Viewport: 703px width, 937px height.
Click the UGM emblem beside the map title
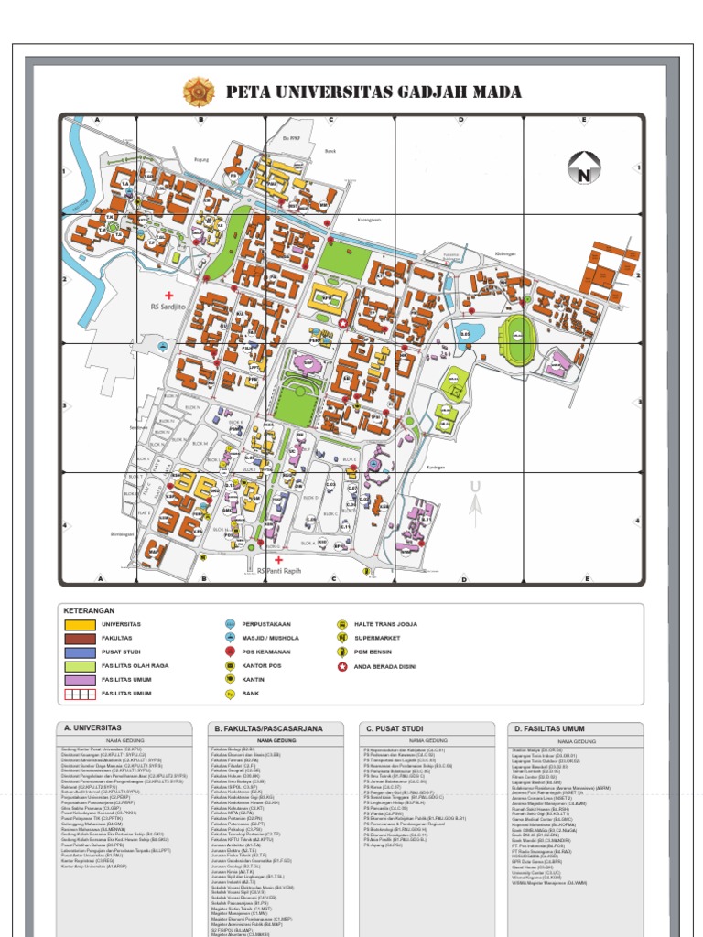click(x=199, y=91)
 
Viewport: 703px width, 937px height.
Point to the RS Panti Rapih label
click(x=278, y=570)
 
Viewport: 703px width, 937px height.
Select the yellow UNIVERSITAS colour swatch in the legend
click(x=80, y=624)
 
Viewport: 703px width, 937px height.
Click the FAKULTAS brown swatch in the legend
click(x=80, y=638)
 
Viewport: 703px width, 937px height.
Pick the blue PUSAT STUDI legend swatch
click(x=80, y=652)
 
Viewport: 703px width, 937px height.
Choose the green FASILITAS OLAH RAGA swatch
click(x=80, y=666)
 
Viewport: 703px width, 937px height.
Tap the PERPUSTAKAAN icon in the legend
click(x=230, y=624)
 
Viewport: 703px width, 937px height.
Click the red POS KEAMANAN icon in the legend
click(x=230, y=652)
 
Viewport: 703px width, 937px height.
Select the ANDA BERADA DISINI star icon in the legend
click(x=342, y=666)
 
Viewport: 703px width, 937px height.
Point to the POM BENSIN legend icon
click(x=342, y=652)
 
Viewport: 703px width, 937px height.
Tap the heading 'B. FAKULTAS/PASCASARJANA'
click(x=257, y=728)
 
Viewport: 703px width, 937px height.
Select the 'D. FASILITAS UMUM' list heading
click(x=547, y=728)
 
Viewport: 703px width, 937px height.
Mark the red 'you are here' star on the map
click(x=342, y=323)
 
